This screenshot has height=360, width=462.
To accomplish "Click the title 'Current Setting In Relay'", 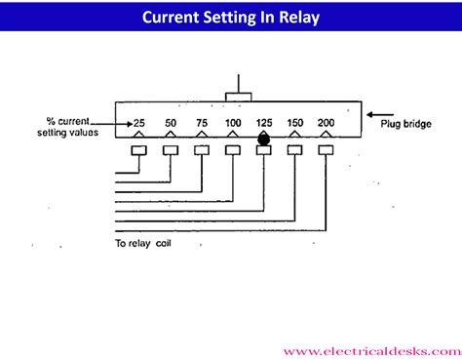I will click(230, 18).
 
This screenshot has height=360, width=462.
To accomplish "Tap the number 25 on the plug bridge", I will click(139, 122).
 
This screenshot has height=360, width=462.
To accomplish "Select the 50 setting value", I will click(170, 122).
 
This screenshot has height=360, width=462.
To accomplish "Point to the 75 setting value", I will click(201, 122).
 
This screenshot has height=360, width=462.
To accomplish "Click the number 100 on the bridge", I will click(233, 122).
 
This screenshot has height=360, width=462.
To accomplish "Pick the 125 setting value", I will click(263, 122).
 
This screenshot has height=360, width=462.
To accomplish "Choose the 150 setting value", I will click(294, 122).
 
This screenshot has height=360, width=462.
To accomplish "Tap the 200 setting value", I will click(326, 122).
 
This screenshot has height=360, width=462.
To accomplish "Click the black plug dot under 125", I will click(263, 140).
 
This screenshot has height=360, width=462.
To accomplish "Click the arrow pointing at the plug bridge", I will click(379, 114).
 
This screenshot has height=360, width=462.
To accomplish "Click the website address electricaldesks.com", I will click(370, 348).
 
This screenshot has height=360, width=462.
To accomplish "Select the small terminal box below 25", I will click(139, 150).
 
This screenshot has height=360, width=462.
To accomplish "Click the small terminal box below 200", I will click(326, 150).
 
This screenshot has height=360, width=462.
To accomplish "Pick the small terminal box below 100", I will click(233, 150).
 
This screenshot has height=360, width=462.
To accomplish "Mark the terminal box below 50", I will click(170, 150).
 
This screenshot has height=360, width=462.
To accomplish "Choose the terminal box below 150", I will click(294, 150).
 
